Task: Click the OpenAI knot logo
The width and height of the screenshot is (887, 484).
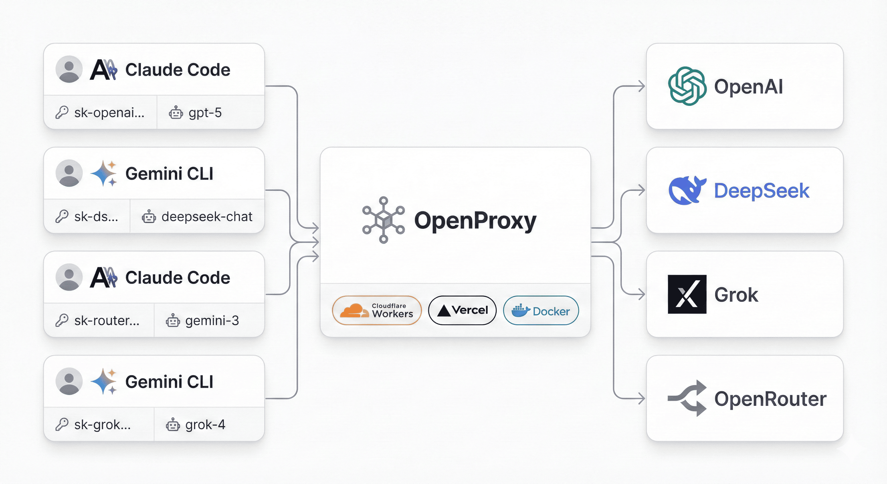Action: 687,86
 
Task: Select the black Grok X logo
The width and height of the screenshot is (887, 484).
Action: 687,294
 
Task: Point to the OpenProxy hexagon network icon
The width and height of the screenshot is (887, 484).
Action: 383,220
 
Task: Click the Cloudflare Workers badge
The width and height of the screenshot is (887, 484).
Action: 377,310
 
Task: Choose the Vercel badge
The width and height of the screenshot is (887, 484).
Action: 462,310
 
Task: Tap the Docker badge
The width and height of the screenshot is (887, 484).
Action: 541,310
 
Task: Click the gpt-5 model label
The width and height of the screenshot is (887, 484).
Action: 205,112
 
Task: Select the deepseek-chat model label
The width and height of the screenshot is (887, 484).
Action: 207,217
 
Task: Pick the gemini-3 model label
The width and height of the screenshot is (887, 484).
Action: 212,321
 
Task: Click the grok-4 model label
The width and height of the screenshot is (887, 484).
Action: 205,425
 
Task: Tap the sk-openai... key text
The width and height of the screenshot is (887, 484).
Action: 109,112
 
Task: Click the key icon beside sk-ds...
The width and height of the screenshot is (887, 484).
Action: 62,217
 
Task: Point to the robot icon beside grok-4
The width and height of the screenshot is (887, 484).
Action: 173,425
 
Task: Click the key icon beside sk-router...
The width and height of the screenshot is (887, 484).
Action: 62,321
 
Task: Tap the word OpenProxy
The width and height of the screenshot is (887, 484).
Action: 475,221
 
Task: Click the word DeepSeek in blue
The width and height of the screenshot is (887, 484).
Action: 761,191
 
